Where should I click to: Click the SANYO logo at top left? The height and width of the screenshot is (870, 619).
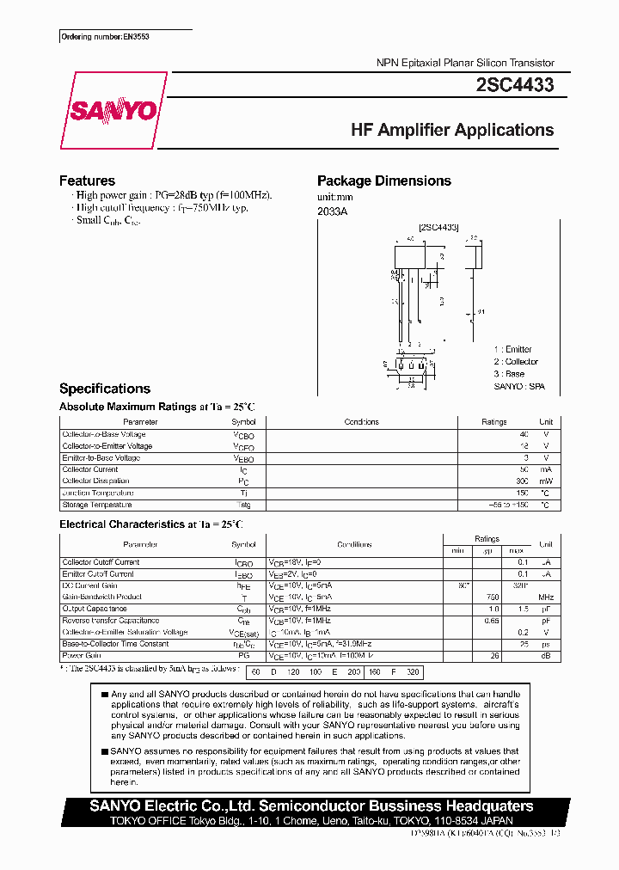[x=113, y=111]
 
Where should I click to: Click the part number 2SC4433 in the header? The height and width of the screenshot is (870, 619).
[x=514, y=85]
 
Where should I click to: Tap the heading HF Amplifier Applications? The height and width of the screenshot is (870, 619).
[x=452, y=130]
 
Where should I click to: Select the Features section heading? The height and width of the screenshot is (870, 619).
[x=87, y=181]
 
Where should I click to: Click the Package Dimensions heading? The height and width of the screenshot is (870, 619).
[x=383, y=181]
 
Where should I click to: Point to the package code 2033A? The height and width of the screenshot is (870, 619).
[x=332, y=211]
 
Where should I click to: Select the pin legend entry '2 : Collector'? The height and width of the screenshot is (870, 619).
[x=516, y=362]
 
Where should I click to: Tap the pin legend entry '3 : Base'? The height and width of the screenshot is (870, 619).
[x=509, y=374]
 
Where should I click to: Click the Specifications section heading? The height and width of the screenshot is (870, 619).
[x=104, y=389]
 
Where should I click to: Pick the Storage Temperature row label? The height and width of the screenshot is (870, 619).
[x=96, y=505]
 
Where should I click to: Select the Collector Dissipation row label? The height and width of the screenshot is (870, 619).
[x=95, y=481]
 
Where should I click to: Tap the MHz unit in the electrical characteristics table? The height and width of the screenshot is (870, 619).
[x=545, y=597]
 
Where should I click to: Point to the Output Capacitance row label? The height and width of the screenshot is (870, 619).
[x=94, y=609]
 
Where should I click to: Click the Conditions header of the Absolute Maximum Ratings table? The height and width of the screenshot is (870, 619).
[x=361, y=422]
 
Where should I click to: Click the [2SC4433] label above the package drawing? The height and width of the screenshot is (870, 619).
[x=438, y=227]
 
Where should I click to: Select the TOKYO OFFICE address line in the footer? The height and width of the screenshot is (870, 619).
[x=313, y=821]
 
